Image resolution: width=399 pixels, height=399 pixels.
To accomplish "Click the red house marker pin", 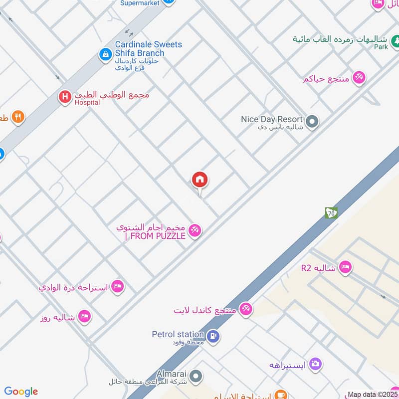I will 200,180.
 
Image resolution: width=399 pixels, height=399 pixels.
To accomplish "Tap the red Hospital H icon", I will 65,97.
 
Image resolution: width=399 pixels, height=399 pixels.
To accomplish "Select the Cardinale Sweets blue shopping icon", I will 105,53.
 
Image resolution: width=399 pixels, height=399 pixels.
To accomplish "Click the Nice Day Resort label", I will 272,119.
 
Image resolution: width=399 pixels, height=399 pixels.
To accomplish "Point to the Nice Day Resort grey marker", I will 312,121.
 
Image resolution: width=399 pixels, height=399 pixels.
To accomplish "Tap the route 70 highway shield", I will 331,212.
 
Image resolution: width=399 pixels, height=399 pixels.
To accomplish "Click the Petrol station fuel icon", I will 213,337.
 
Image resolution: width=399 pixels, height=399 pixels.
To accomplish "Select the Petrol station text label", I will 178,334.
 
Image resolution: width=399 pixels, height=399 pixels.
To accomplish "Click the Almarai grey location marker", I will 197,376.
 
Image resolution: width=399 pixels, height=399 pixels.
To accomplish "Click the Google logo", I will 21,392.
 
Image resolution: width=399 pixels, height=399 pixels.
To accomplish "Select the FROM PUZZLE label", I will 155,236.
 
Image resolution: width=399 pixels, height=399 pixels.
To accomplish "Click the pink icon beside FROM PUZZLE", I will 195,229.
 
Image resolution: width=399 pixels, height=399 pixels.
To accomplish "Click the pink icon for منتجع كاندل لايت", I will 245,309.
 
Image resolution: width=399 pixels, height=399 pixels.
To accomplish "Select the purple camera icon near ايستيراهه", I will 315,364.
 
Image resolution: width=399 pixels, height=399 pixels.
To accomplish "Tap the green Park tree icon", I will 395,39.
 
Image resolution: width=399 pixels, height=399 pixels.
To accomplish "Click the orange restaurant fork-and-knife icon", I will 18,117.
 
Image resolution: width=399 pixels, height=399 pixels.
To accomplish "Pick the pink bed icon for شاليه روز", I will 85,317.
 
